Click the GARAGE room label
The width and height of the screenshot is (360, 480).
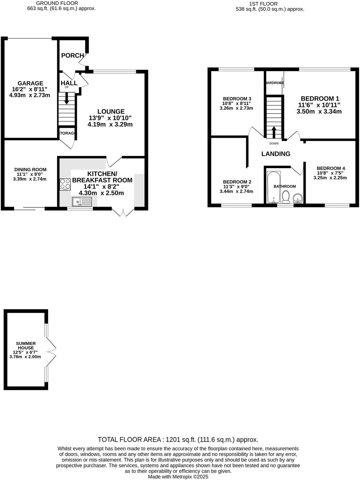tap(30, 83)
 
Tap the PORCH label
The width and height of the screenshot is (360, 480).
tap(72, 56)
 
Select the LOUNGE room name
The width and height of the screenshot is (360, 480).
tap(111, 112)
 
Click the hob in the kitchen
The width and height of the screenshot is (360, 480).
tap(65, 184)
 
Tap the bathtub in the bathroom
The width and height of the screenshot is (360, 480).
tap(274, 187)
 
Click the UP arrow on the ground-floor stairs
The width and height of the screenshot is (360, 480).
tap(67, 98)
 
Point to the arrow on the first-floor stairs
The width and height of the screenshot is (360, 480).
tap(274, 132)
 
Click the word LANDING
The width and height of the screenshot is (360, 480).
tap(276, 154)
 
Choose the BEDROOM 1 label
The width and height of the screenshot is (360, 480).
tap(320, 99)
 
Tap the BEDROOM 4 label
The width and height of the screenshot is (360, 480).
tap(331, 168)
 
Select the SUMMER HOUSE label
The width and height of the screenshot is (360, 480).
tap(26, 346)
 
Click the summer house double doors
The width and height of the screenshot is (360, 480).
tap(51, 350)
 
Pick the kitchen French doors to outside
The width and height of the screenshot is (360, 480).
tap(123, 212)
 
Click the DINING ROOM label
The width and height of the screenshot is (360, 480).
tap(30, 169)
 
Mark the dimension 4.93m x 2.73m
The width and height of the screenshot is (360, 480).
tap(30, 95)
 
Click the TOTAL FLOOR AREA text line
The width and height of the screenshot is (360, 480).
tap(178, 440)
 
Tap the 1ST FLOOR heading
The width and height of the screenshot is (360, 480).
tap(263, 4)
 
